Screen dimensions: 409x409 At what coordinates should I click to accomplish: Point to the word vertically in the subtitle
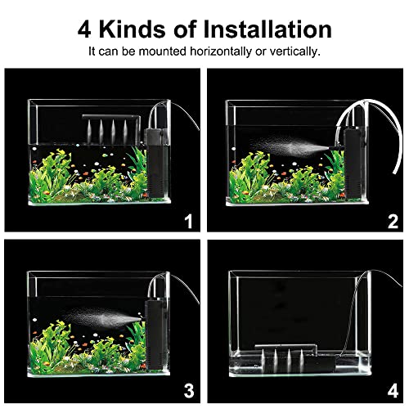point(290,52)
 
